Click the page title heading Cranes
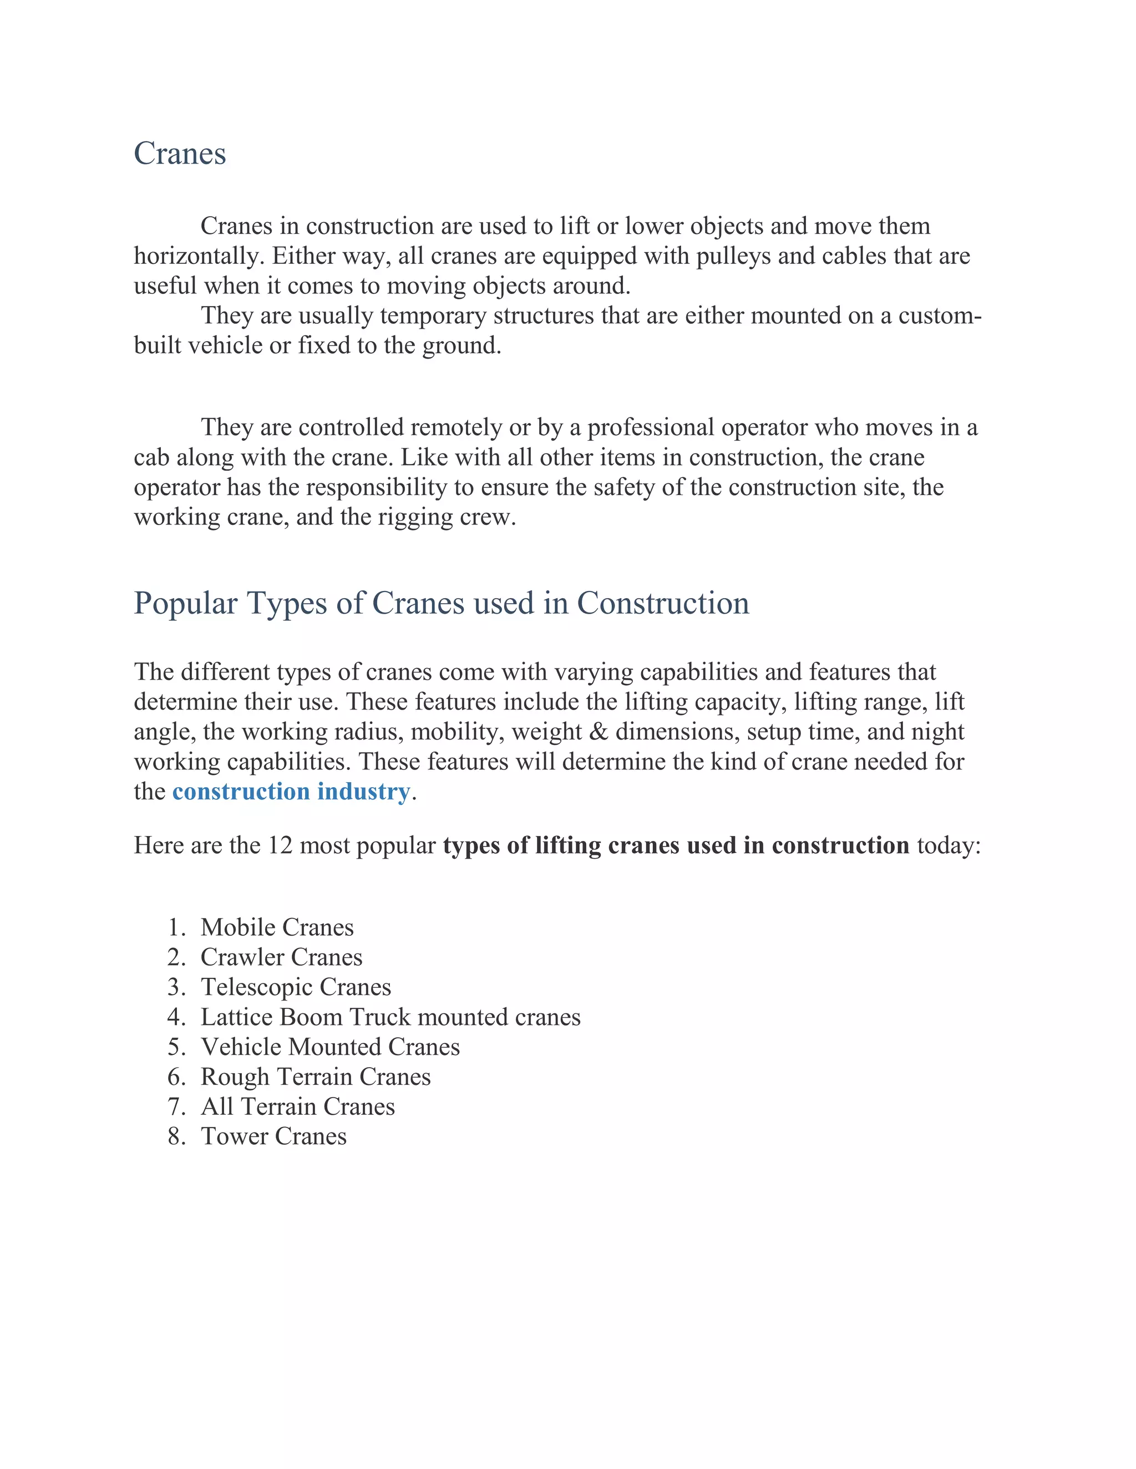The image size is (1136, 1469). coord(180,154)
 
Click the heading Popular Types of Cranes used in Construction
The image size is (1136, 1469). coord(441,603)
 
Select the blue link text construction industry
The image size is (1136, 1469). coord(291,792)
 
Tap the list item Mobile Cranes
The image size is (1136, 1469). coord(277,927)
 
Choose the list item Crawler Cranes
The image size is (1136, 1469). coord(281,957)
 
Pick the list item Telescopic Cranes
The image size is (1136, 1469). coord(296,987)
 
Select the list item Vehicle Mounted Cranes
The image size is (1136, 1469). coord(330,1047)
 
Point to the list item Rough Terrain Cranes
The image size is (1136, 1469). coord(315,1077)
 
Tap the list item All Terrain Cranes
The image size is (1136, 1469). coord(297,1106)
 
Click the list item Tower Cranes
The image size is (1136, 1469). coord(273,1137)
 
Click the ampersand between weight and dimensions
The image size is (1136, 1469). coord(597,732)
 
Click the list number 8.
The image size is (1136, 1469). coord(176,1137)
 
